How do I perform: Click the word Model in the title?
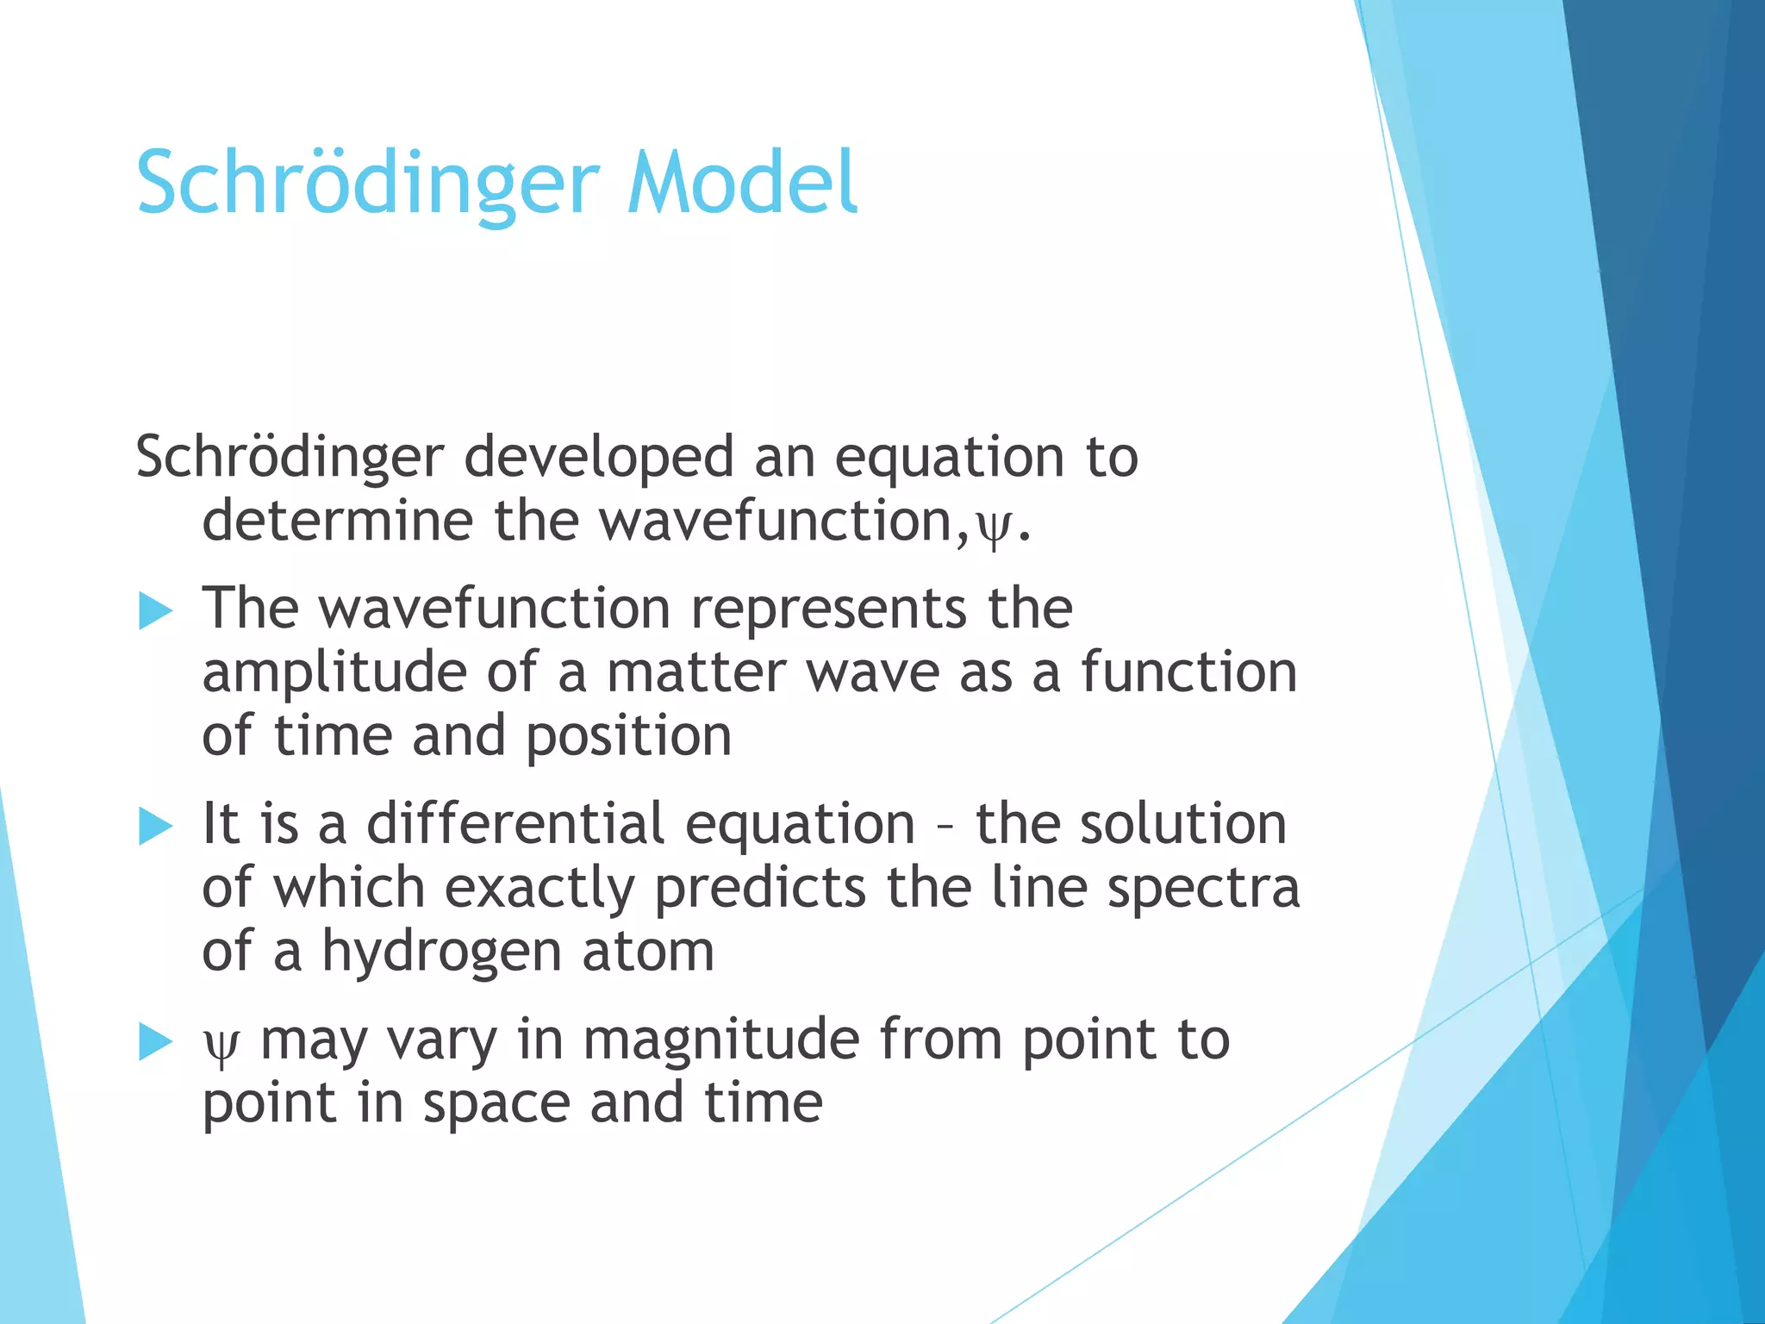[x=743, y=183]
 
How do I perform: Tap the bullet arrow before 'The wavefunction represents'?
[x=155, y=612]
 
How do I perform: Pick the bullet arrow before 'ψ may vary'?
[x=155, y=1042]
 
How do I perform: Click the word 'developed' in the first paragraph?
[x=598, y=459]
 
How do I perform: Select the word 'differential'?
[x=515, y=824]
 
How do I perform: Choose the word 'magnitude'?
[x=721, y=1041]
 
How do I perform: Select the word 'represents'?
[x=829, y=609]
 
